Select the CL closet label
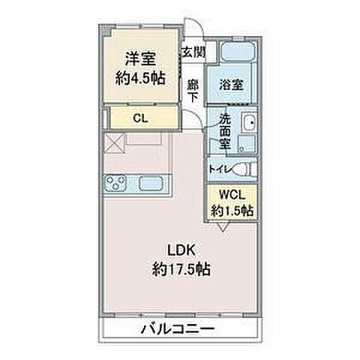click(x=139, y=117)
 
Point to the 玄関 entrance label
click(x=193, y=52)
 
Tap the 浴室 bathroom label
click(x=230, y=86)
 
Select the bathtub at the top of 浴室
click(x=239, y=53)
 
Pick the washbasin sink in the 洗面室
click(x=249, y=124)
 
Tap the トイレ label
click(x=219, y=168)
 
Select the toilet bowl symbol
click(x=244, y=168)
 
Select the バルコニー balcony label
click(x=178, y=331)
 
